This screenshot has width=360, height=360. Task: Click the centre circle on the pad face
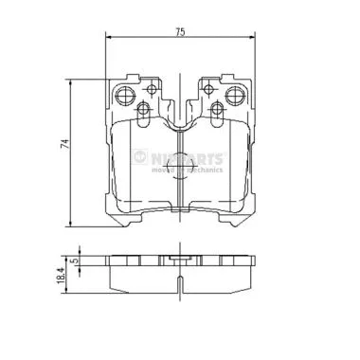[179, 168]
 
